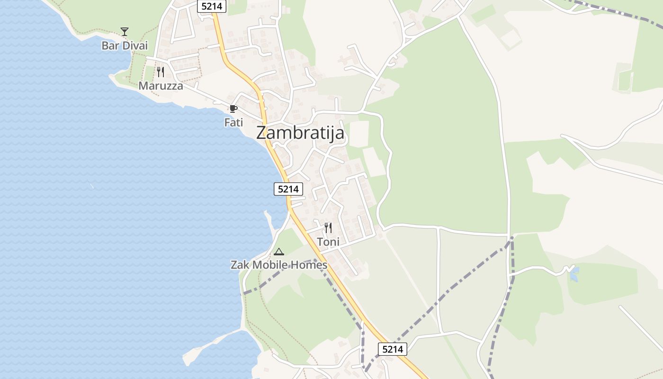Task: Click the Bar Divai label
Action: pyautogui.click(x=125, y=46)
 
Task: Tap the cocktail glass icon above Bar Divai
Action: pyautogui.click(x=125, y=32)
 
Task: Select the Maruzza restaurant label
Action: pyautogui.click(x=161, y=86)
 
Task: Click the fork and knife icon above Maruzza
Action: pyautogui.click(x=161, y=72)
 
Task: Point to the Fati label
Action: pyautogui.click(x=233, y=122)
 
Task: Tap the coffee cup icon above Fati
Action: pyautogui.click(x=233, y=109)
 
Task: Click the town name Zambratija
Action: pyautogui.click(x=300, y=133)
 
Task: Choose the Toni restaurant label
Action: pyautogui.click(x=328, y=242)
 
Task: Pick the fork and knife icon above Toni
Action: pyautogui.click(x=328, y=228)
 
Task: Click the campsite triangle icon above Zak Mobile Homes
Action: pyautogui.click(x=278, y=252)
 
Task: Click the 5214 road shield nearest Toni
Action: pyautogui.click(x=288, y=189)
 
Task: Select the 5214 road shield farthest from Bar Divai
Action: pyautogui.click(x=392, y=349)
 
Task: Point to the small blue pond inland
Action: pyautogui.click(x=574, y=274)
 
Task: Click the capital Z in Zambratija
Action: pyautogui.click(x=262, y=133)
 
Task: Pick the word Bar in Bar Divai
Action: pyautogui.click(x=109, y=46)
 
